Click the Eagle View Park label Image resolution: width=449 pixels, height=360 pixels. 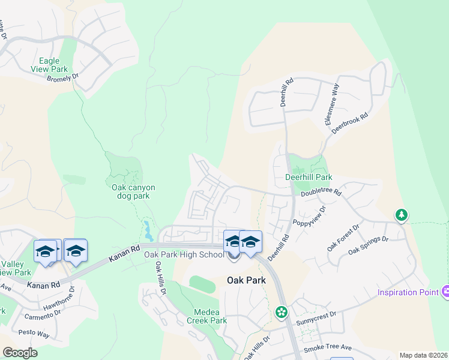click(49, 65)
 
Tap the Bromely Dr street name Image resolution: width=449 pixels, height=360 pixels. click(63, 78)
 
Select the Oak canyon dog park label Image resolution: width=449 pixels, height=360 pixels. click(133, 191)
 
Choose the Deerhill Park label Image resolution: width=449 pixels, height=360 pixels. click(308, 178)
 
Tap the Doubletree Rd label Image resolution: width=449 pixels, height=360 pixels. click(321, 193)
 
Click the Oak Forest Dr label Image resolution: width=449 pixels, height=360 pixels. click(343, 238)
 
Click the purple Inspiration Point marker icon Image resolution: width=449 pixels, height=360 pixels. click(445, 292)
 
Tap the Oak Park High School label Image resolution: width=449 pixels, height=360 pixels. click(184, 255)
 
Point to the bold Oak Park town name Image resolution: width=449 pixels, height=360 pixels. click(246, 280)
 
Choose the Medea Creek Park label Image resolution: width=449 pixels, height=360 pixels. click(210, 316)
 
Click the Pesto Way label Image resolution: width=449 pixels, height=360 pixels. click(34, 334)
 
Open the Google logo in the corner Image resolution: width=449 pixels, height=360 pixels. click(20, 352)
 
